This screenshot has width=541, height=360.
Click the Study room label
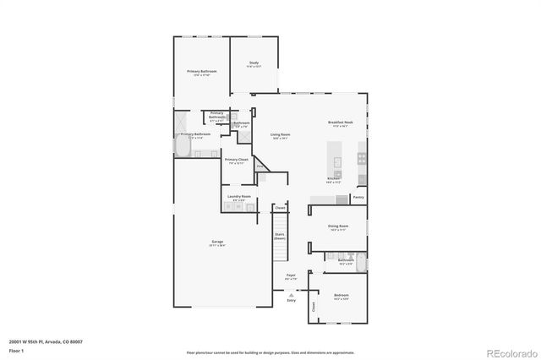pos(254,63)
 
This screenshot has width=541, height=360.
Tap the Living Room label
pos(281,135)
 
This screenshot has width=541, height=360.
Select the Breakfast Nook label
pos(341,123)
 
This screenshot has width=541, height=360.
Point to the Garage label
pos(217,242)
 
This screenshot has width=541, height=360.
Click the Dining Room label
pos(338,226)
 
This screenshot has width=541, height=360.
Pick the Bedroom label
pos(341,297)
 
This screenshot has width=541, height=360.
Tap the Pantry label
pos(358,198)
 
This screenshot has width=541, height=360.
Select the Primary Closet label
pos(237,160)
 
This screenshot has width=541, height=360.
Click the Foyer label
pos(290,275)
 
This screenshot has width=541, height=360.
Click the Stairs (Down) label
pos(280,236)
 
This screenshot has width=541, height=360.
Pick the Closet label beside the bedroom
pos(314,309)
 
